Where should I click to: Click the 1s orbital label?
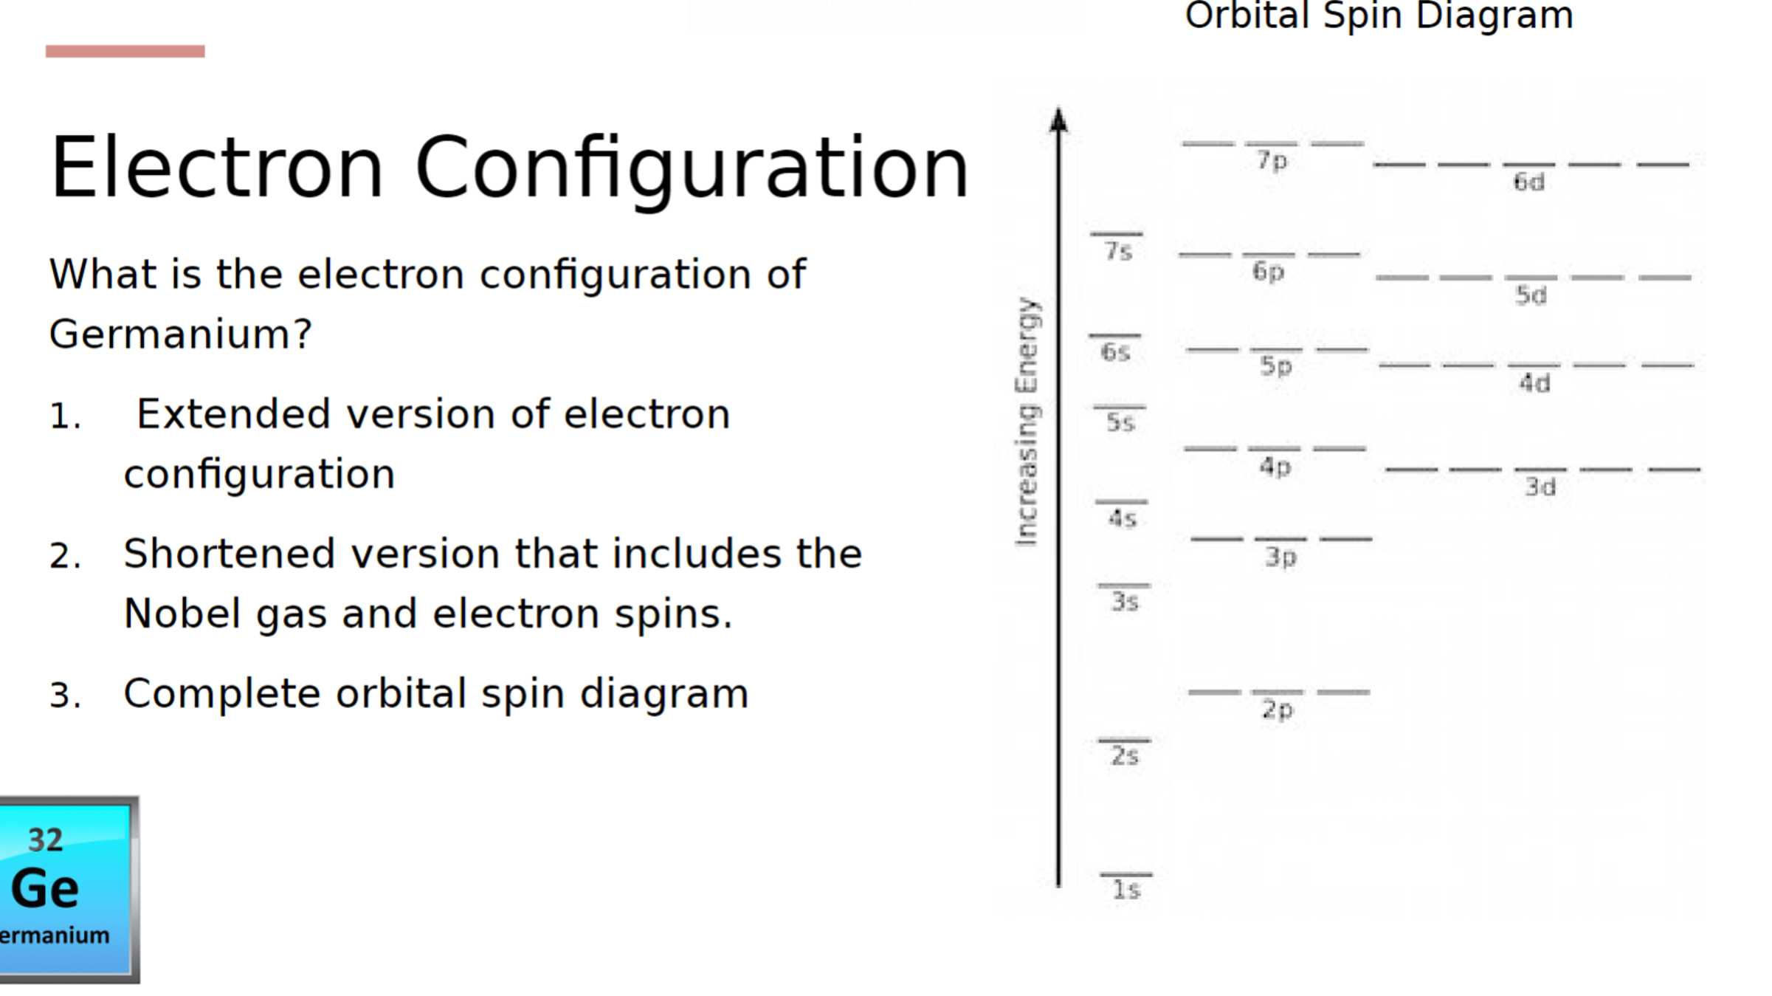[x=1126, y=890]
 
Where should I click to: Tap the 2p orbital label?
[x=1278, y=710]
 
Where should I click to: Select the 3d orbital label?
[x=1541, y=487]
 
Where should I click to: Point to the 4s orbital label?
[x=1123, y=518]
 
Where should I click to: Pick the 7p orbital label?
[x=1272, y=160]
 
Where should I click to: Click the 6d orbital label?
[x=1529, y=182]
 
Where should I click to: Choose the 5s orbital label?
[x=1120, y=422]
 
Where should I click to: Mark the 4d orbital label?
[x=1534, y=382]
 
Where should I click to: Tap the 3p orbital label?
[x=1281, y=557]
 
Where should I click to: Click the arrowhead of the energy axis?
[x=1059, y=120]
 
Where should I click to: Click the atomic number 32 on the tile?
[x=45, y=840]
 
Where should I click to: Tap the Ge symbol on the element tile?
[x=45, y=888]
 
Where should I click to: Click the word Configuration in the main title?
[x=692, y=168]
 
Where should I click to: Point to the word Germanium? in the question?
[x=181, y=334]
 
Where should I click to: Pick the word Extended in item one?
[x=233, y=414]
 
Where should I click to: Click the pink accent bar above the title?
[x=125, y=51]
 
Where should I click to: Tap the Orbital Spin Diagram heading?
[x=1379, y=16]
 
